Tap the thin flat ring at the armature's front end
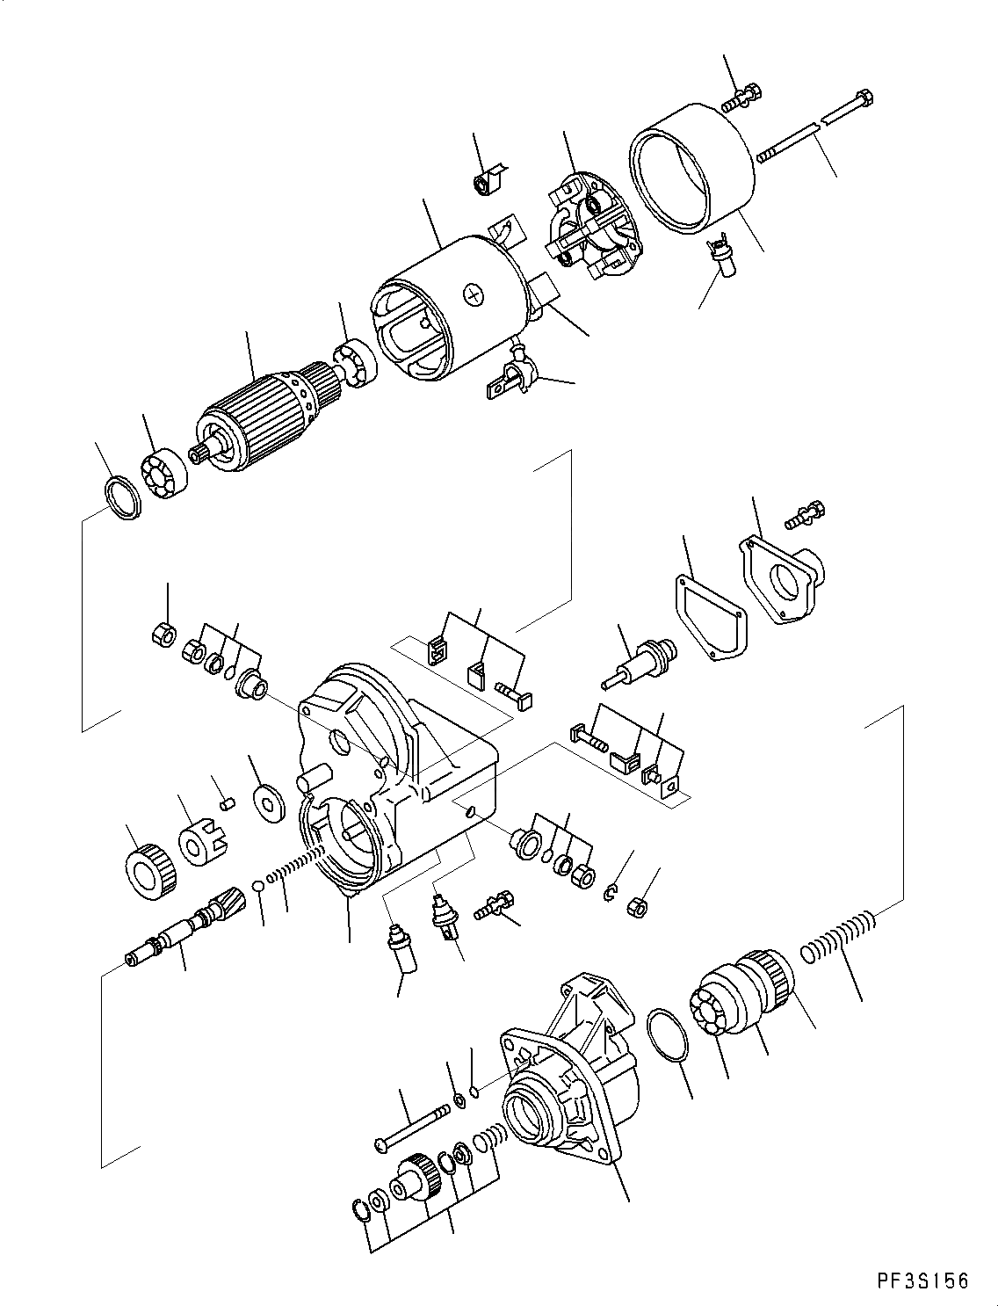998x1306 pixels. pos(120,497)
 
